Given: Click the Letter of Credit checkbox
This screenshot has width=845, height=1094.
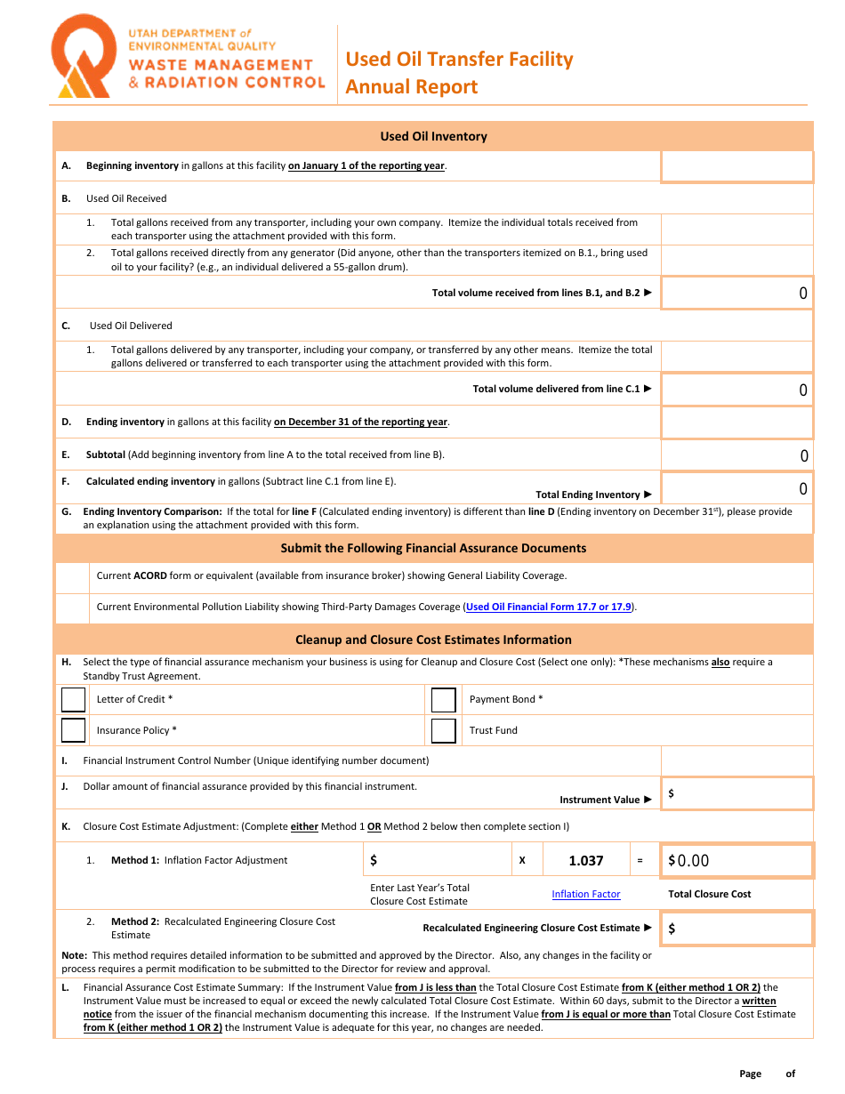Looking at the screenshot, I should pos(74,700).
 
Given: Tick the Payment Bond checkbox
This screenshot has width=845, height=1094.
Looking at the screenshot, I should pos(444,700).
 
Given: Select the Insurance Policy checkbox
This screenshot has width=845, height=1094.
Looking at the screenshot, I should pos(74,730).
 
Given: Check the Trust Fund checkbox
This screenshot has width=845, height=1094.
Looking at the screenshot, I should pos(444,730).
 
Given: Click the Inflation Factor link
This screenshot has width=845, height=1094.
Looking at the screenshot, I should pos(585,894).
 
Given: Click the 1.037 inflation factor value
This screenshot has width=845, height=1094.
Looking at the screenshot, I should pos(585,860).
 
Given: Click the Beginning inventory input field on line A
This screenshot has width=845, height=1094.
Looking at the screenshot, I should pos(736,166).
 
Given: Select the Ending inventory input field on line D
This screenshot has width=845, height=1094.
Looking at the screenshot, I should pos(736,422).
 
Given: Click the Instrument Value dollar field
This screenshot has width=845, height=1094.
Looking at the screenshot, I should pos(736,793).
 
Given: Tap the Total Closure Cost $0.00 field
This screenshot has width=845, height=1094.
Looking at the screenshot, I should pos(736,860).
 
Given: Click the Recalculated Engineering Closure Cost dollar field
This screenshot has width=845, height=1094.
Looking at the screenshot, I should pos(736,929).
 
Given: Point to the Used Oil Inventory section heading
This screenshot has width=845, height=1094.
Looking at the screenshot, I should pos(433,136).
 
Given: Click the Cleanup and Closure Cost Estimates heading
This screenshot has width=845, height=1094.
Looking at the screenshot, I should pos(433,640).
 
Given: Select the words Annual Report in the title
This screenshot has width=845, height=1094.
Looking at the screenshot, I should pos(411,87).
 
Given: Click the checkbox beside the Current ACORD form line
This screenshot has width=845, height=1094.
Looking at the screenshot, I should pos(72,576).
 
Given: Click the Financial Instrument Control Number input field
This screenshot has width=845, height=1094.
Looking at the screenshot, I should pos(736,760).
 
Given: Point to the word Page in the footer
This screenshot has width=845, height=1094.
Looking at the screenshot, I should pos(750,1074).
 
